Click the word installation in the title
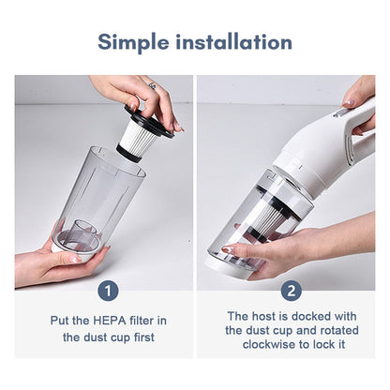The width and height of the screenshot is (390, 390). point(237,42)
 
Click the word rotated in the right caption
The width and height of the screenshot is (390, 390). point(324,330)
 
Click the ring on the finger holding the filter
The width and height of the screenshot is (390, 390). point(152,86)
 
